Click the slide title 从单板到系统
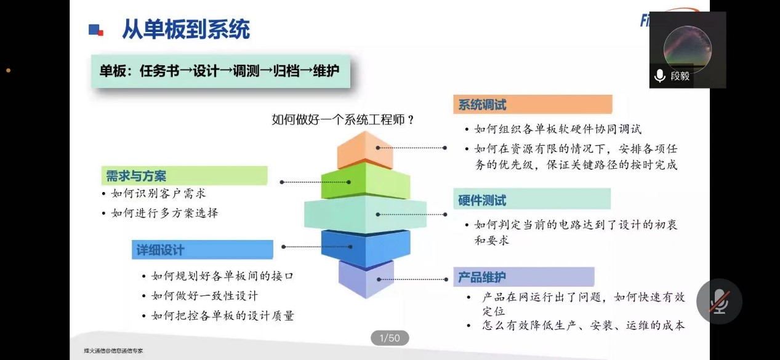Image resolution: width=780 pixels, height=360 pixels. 185,30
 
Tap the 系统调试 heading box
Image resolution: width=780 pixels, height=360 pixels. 533,105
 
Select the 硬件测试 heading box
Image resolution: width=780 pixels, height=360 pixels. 532,199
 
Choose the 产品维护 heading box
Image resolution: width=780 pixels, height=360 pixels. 523,277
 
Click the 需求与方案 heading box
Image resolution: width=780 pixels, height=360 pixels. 184,176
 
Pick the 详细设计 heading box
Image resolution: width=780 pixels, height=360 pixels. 203,250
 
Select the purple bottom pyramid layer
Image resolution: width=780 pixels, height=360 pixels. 366,280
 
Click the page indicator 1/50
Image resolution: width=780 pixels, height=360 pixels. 390,338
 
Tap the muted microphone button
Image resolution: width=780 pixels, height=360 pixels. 718,302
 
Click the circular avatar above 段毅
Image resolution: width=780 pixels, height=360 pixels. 687,49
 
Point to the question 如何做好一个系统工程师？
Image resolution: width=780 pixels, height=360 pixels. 343,119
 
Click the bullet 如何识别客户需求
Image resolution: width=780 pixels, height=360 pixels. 158,194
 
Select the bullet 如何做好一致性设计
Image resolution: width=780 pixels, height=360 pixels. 204,295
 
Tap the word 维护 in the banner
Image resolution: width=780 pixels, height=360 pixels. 326,71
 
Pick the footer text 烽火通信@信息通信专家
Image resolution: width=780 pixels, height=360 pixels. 114,351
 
